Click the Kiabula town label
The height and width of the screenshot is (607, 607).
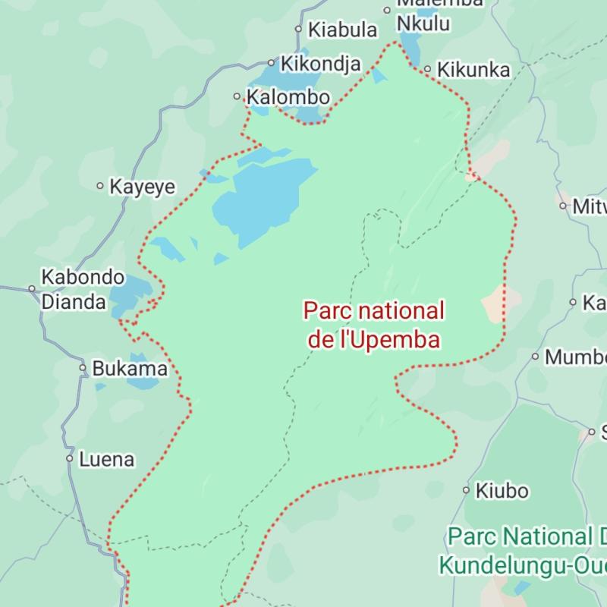(x=342, y=30)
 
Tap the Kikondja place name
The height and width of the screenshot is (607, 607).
(x=320, y=64)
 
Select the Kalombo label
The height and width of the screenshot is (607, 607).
(x=289, y=97)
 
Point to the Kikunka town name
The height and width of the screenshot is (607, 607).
(x=474, y=70)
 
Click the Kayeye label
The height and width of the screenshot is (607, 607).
(x=142, y=187)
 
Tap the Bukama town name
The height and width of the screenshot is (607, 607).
(x=130, y=369)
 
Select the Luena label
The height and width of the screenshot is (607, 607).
(x=106, y=459)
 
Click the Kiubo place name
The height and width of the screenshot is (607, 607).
(x=502, y=491)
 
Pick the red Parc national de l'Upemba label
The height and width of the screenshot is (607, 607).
(x=374, y=325)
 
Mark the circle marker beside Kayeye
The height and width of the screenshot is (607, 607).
(x=100, y=186)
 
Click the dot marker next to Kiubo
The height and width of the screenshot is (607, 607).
(x=467, y=490)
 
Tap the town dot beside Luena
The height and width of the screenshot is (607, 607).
(x=70, y=458)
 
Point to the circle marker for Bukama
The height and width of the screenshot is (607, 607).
(x=83, y=368)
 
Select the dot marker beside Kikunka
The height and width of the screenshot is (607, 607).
(x=427, y=69)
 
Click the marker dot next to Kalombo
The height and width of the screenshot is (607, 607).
(x=237, y=96)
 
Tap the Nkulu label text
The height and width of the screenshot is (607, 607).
(x=423, y=24)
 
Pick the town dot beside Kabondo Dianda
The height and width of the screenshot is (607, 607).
(x=32, y=288)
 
